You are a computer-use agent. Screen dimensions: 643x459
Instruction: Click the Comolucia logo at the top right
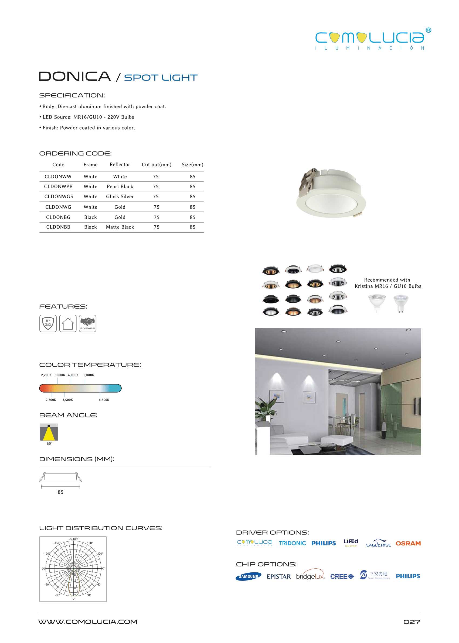click(x=372, y=39)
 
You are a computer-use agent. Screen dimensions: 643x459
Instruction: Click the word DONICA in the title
click(x=75, y=77)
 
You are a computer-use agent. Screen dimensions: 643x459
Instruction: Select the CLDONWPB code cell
click(x=58, y=186)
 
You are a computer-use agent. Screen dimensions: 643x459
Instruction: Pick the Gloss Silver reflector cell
click(x=120, y=197)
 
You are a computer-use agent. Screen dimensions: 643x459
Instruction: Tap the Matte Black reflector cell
click(x=120, y=227)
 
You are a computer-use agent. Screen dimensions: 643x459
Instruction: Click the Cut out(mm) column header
click(x=157, y=165)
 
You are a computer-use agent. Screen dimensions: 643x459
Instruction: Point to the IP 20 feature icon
click(x=48, y=323)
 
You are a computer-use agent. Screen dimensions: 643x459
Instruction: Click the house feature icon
click(x=68, y=323)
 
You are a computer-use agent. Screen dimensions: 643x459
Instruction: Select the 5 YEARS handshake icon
click(x=88, y=323)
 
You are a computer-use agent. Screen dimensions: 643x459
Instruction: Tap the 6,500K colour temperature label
click(x=104, y=400)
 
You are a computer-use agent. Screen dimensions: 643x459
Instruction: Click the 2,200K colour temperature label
click(x=46, y=375)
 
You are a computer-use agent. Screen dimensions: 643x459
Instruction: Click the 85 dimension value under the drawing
click(x=60, y=492)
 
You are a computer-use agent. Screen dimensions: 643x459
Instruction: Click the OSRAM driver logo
click(x=408, y=544)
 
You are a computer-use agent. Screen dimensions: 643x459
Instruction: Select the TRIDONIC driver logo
click(x=293, y=543)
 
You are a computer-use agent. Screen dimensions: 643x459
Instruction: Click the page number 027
click(x=412, y=622)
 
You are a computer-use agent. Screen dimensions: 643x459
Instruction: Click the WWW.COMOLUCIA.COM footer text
click(x=88, y=622)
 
